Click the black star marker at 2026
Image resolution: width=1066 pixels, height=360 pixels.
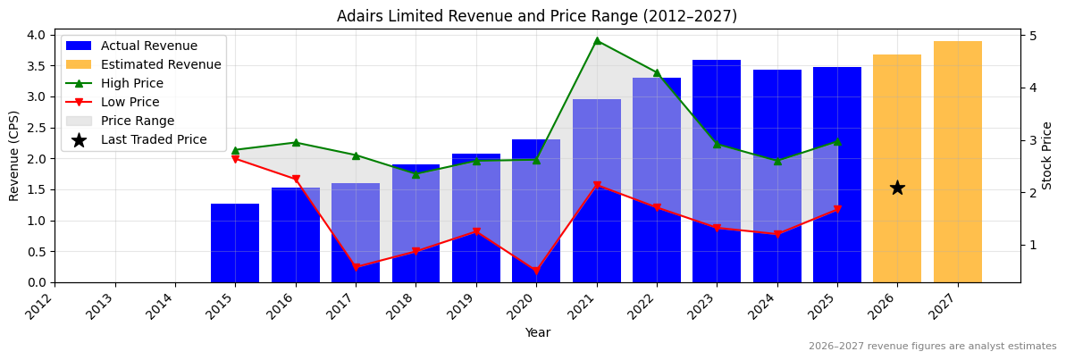tap(897, 188)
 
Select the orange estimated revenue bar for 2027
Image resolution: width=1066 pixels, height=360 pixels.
tap(957, 162)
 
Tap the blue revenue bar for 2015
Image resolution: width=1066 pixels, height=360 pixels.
tap(235, 243)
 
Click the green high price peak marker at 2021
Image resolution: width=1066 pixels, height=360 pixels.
tap(597, 40)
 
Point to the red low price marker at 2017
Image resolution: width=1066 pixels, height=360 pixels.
tap(356, 267)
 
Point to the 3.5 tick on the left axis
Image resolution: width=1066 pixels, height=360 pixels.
tap(38, 66)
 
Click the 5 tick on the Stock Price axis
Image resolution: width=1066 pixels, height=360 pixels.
tap(1031, 35)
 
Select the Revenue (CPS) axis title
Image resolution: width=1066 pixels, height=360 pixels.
tap(14, 155)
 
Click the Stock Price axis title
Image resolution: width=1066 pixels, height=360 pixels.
tap(1047, 155)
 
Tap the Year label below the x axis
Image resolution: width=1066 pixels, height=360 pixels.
tap(537, 332)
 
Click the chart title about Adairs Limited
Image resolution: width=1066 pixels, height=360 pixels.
tap(537, 16)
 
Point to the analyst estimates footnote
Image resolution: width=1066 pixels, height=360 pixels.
tap(932, 347)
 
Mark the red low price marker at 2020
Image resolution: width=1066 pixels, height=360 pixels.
tap(536, 271)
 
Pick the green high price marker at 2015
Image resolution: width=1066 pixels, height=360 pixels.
tap(235, 150)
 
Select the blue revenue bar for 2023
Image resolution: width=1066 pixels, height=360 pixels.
tap(717, 171)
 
